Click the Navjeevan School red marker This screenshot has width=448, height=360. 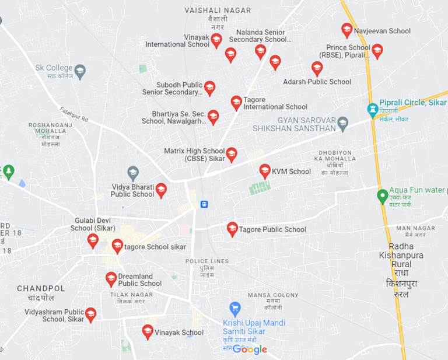pos(347,30)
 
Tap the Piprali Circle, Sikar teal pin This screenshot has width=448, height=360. pos(372,109)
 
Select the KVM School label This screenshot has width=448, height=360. pos(291,172)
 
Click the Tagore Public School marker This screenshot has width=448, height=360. pos(232,229)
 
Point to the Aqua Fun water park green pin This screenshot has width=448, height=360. pos(382,195)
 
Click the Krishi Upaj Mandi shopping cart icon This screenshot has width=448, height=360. pos(235,308)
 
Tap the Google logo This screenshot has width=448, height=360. pos(250,349)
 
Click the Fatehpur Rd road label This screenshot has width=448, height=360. pos(73,114)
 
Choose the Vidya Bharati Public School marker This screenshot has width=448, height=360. pos(161,190)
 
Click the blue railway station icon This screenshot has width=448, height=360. pos(204,204)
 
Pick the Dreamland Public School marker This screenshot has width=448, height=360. pos(111,279)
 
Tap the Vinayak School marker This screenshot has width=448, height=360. pos(148,332)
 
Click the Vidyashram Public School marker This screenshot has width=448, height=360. pos(90,315)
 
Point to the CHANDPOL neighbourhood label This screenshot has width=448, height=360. pos(41,289)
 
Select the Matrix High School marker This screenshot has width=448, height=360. pos(232,155)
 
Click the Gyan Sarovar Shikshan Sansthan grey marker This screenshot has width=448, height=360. pos(343,123)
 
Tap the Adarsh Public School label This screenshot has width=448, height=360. pos(317,82)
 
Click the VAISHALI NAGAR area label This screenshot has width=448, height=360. pos(218,11)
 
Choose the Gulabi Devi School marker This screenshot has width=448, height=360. pos(93,240)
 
